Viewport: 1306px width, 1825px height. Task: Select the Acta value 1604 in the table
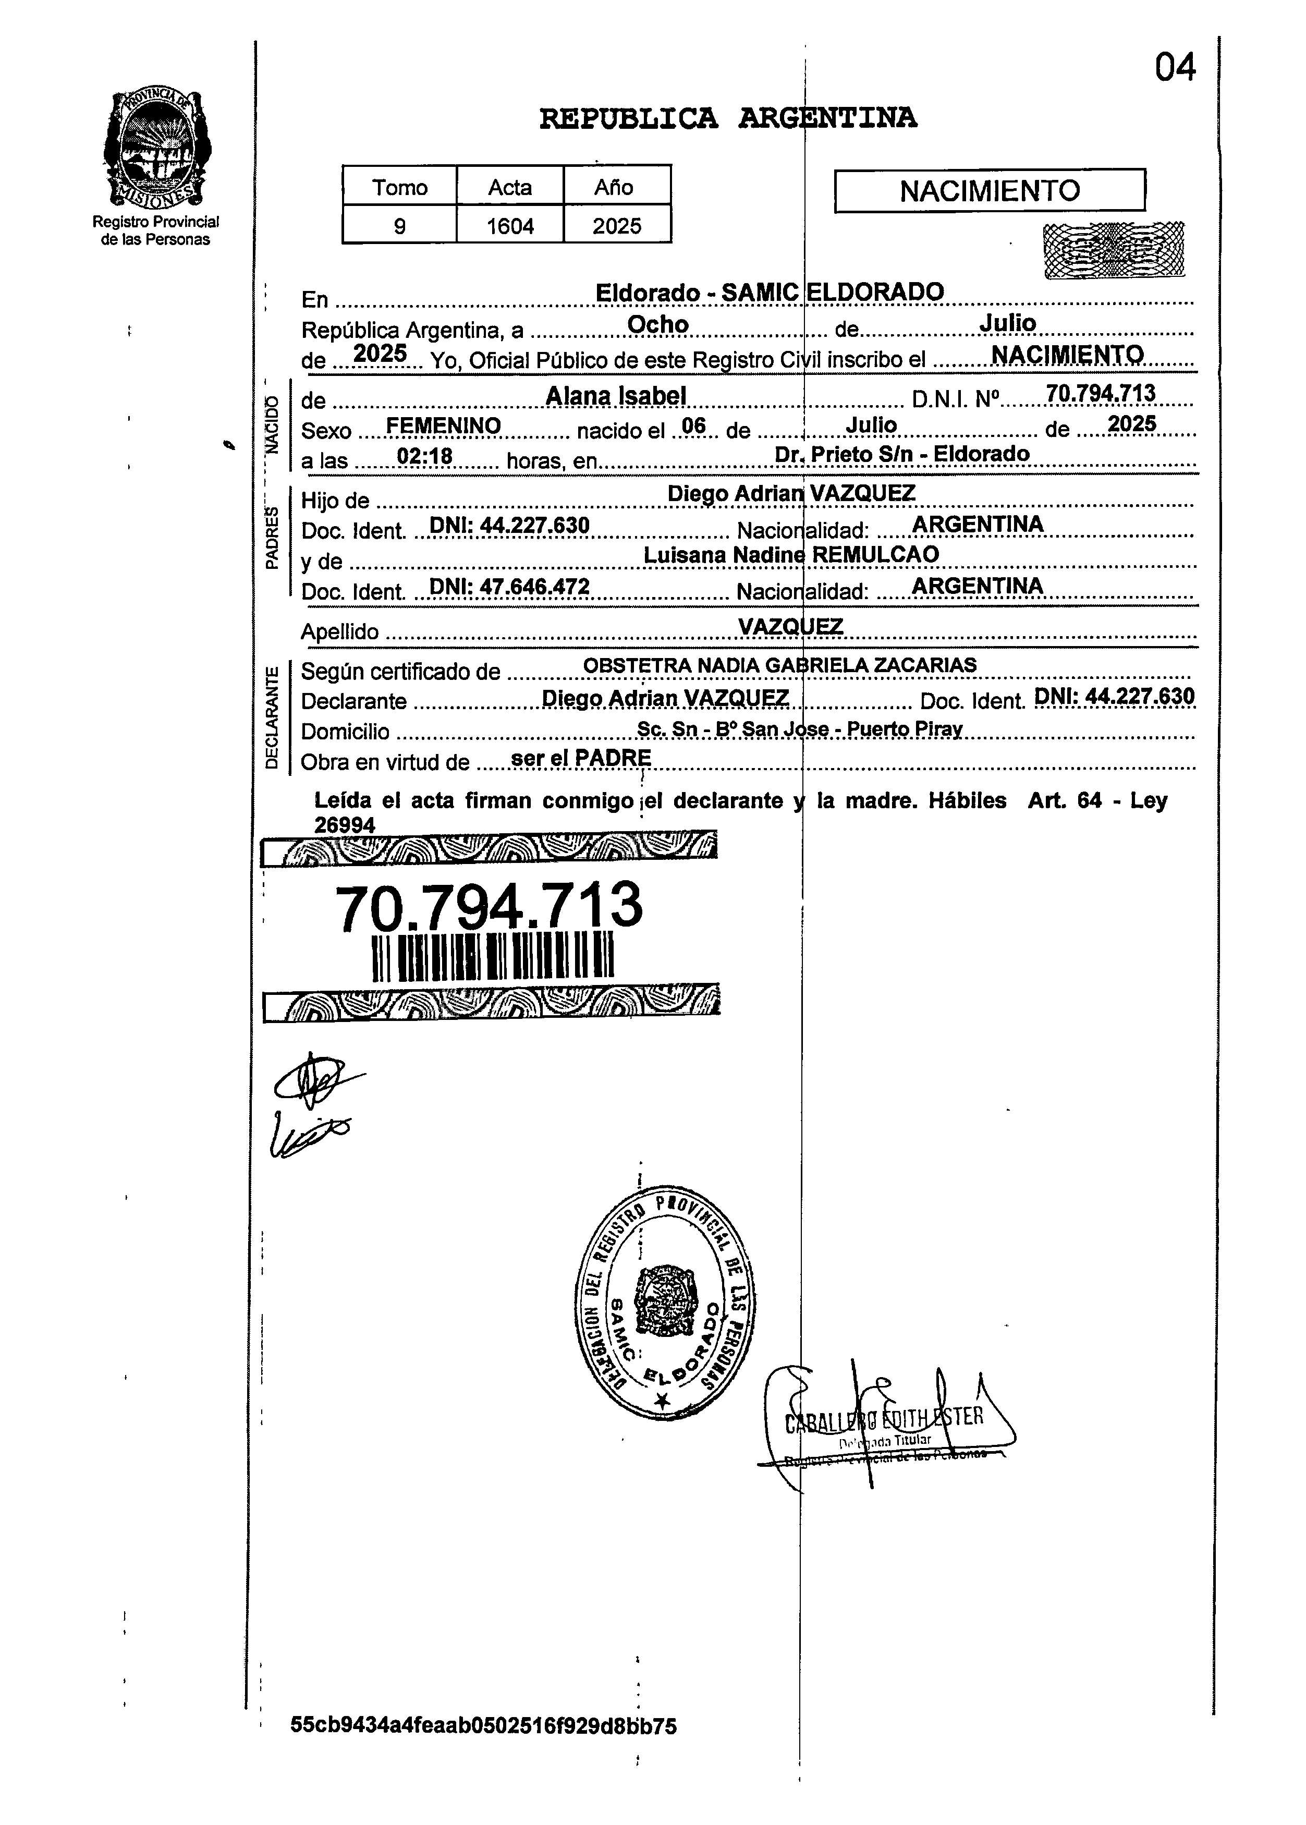point(510,226)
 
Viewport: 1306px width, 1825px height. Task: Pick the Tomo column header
point(400,187)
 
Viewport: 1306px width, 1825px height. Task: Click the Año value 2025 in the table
point(617,226)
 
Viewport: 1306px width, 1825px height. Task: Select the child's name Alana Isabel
point(616,396)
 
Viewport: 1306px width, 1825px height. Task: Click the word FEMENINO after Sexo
point(444,425)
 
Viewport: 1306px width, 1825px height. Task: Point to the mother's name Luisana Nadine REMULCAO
point(791,554)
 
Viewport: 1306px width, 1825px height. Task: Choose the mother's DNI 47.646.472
point(510,587)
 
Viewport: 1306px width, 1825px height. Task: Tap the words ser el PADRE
point(581,758)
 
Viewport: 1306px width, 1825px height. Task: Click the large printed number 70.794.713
point(489,906)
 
